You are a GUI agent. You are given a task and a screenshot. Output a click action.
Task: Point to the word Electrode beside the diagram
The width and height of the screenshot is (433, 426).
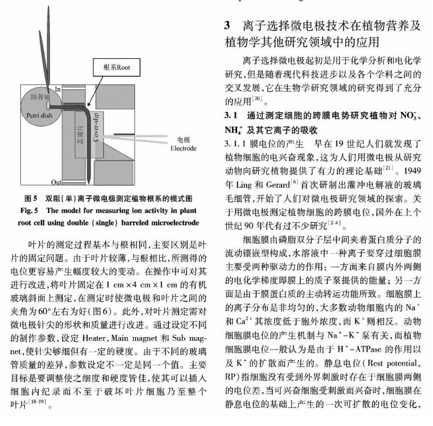(x=183, y=148)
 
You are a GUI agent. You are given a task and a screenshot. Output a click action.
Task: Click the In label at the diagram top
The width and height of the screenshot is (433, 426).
(x=58, y=90)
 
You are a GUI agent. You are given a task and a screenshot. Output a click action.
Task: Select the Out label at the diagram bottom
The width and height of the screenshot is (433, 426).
(x=56, y=182)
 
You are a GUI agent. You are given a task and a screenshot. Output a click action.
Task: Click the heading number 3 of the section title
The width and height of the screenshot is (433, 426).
(x=227, y=25)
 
